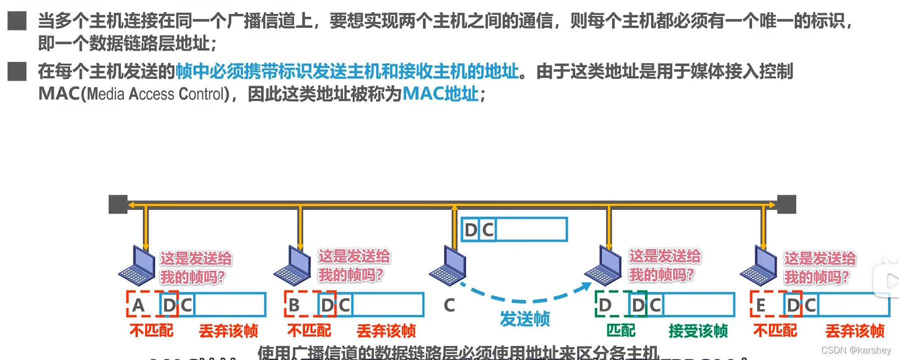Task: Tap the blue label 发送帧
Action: (525, 319)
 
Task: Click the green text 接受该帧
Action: (698, 331)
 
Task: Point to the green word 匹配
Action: (621, 330)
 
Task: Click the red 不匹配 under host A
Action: (151, 330)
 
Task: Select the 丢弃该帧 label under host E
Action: (854, 331)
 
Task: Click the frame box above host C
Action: (514, 230)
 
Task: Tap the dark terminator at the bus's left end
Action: (118, 204)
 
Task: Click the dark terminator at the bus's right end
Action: (786, 204)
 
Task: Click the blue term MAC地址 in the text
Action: (440, 94)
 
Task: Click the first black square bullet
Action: (17, 21)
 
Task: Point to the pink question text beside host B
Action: (354, 265)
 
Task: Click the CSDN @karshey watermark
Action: (856, 350)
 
